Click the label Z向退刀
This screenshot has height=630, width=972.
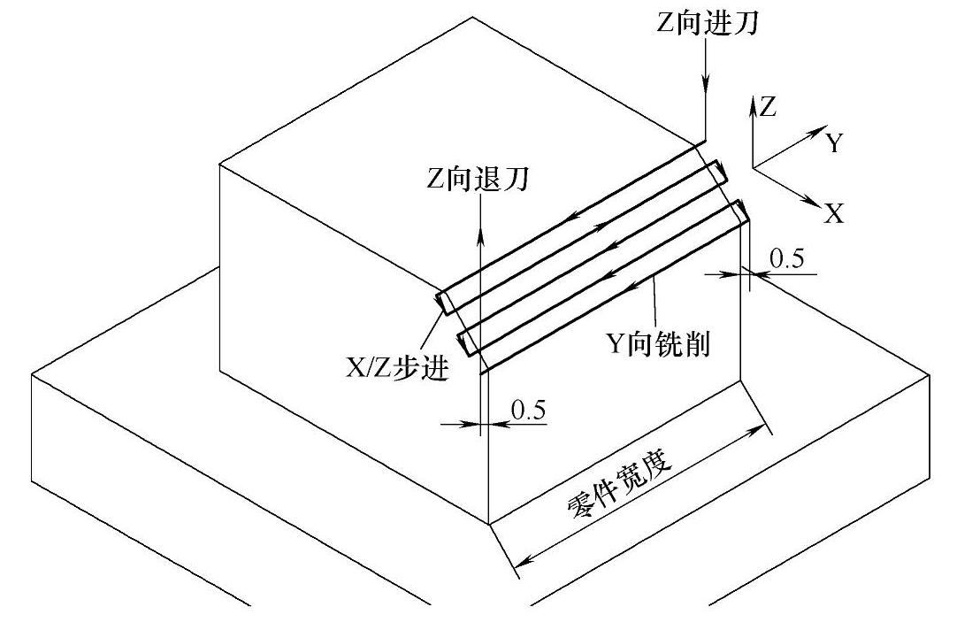point(477,180)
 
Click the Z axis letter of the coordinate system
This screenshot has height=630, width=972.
point(768,107)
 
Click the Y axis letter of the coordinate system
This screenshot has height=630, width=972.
point(833,143)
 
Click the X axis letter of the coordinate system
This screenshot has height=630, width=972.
point(833,213)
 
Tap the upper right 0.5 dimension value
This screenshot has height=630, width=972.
point(787,258)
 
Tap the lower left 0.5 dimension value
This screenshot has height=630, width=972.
point(529,410)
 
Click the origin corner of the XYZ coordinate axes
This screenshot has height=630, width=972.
point(752,166)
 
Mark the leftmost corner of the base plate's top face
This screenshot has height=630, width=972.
point(32,374)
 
